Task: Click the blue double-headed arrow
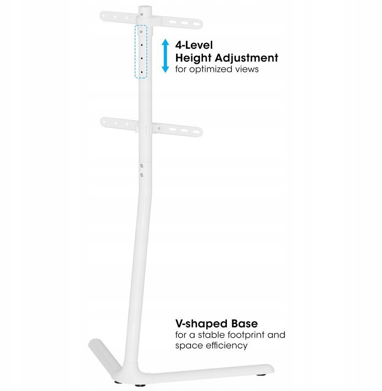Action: (165, 56)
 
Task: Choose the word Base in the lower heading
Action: (245, 324)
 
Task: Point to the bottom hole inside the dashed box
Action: (141, 72)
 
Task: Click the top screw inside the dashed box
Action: (141, 31)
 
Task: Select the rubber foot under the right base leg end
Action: (261, 375)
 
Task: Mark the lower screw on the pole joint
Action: (142, 175)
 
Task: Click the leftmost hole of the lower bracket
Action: (105, 122)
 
